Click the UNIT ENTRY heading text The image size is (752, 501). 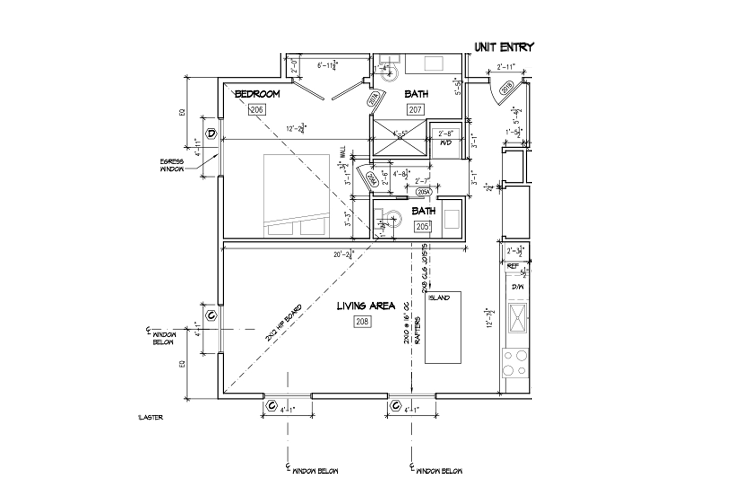pos(504,47)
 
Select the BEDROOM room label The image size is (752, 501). pos(257,94)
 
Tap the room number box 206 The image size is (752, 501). pos(257,110)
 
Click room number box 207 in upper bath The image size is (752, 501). pos(415,110)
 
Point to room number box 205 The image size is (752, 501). pos(423,227)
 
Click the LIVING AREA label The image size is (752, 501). pos(365,306)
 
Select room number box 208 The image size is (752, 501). pos(362,321)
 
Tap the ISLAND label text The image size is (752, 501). pos(439,297)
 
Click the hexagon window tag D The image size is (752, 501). pos(212,133)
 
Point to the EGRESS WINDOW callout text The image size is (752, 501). pos(172,165)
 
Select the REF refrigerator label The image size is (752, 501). pos(512,266)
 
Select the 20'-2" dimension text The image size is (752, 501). pos(343,254)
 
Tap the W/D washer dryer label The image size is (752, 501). pos(446,143)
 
